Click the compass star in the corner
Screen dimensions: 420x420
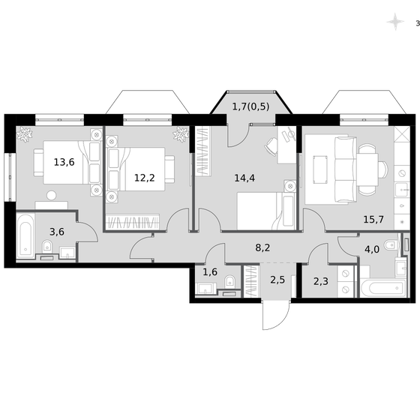394,22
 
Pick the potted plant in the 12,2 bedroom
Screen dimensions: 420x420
180,136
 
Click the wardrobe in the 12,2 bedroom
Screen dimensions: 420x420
133,223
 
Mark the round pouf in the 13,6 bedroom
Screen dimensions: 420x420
51,196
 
